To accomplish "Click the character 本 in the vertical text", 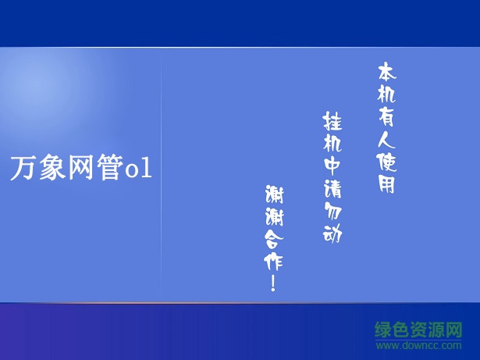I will click(x=386, y=73).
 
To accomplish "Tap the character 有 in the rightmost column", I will click(x=386, y=117).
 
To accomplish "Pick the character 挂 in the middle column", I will click(x=331, y=122).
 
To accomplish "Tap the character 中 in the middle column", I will click(x=332, y=166).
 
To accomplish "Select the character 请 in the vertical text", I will click(x=332, y=188).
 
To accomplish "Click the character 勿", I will click(x=332, y=211).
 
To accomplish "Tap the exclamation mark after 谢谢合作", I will click(x=273, y=283).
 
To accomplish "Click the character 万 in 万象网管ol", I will click(x=23, y=168).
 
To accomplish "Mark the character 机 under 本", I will click(x=386, y=95).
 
